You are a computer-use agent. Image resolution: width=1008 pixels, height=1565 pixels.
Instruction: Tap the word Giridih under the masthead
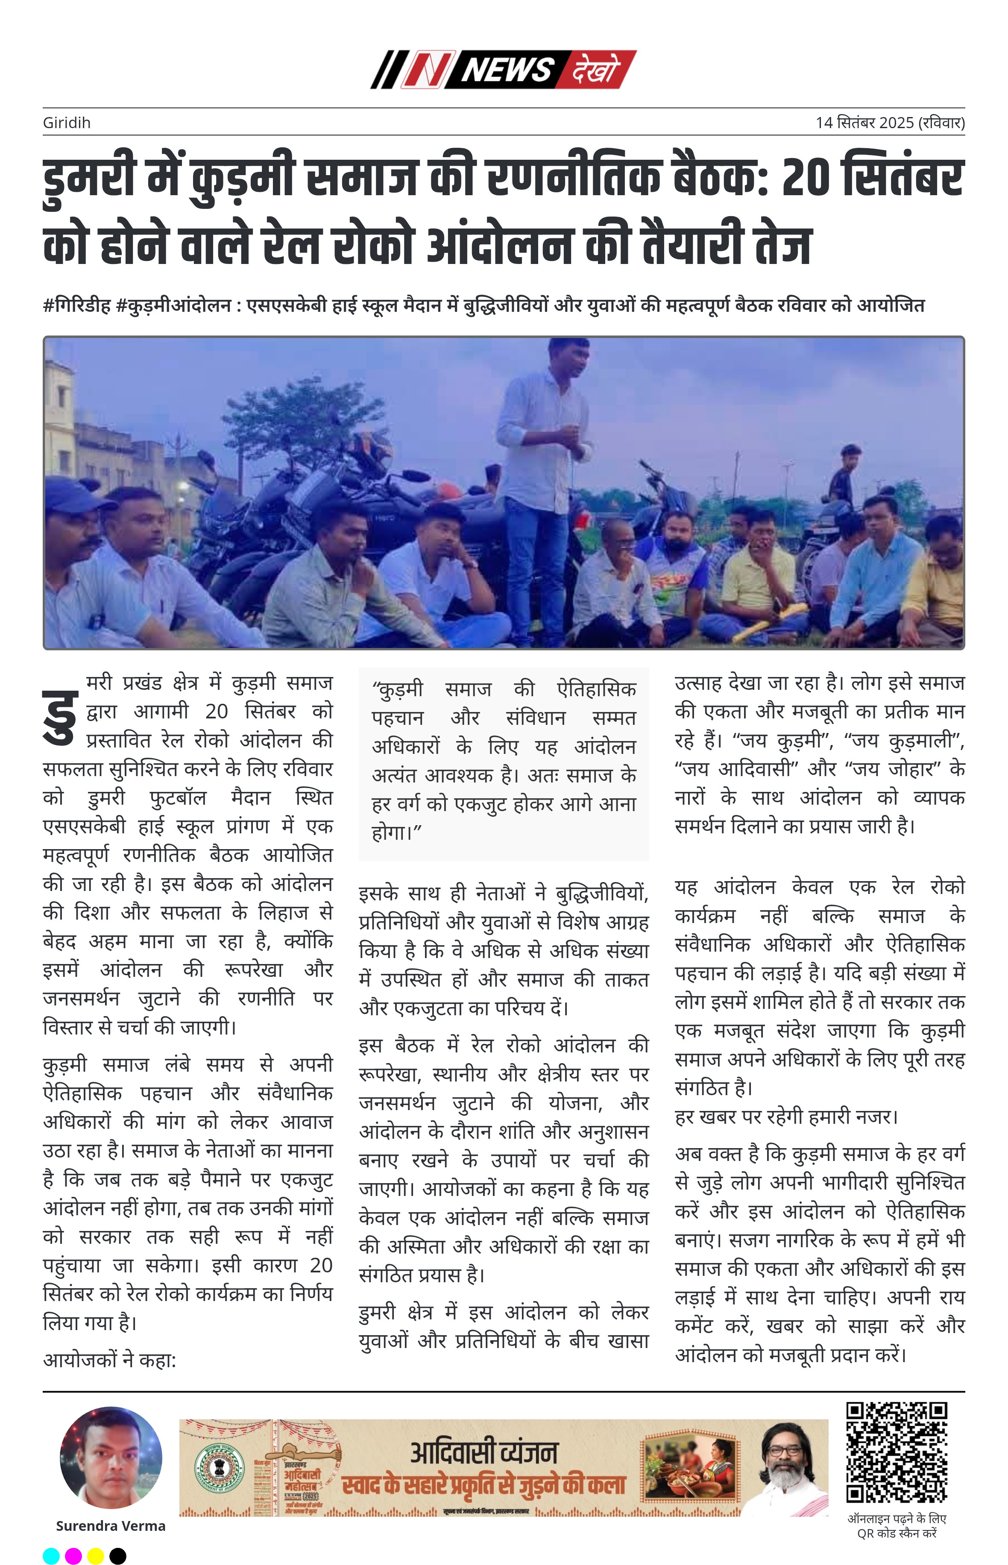tap(66, 123)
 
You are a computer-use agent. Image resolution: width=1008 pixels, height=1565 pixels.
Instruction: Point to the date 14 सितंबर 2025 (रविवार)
tap(890, 123)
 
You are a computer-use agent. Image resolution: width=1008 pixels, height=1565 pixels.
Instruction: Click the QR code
tap(896, 1452)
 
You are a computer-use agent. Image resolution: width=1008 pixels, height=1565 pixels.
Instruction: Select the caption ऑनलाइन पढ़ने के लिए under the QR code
tap(897, 1518)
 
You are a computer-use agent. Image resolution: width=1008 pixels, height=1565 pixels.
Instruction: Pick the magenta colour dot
tap(73, 1556)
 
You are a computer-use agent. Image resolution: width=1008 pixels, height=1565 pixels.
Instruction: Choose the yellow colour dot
tap(96, 1556)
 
